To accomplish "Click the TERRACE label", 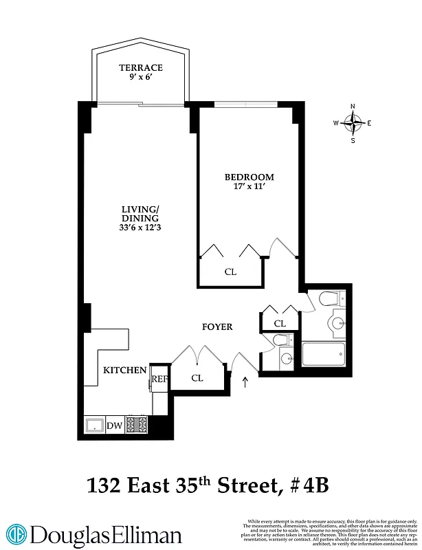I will [x=140, y=67].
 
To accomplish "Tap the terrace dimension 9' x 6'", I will [x=140, y=78].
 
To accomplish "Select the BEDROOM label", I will [x=249, y=177].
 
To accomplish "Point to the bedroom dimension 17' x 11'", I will [x=249, y=187].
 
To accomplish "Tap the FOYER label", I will [x=216, y=327].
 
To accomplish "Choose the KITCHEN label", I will [x=124, y=371].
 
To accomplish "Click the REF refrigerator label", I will [x=159, y=378].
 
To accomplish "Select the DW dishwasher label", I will [x=115, y=426].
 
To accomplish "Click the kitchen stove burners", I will [x=137, y=425].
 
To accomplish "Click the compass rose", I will [x=353, y=124].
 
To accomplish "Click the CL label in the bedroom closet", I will [x=230, y=272].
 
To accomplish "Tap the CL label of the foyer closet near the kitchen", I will [x=197, y=377].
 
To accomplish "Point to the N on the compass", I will [x=353, y=107].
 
